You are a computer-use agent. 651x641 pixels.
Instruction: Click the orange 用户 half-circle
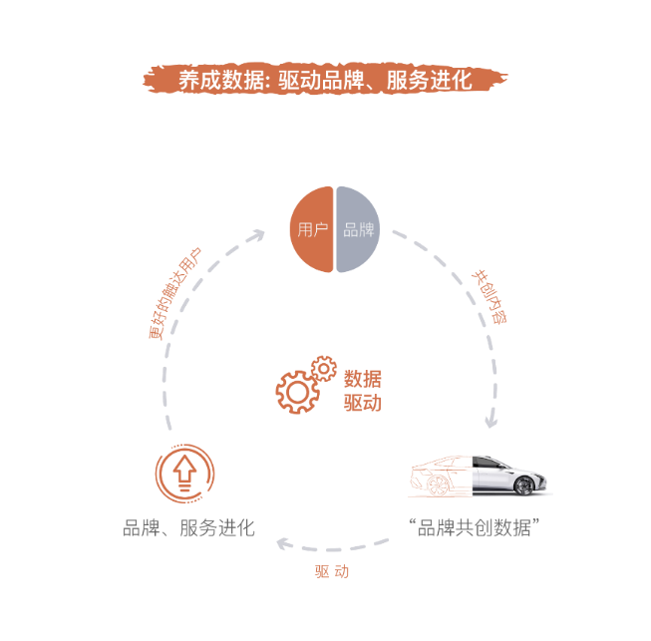click(311, 229)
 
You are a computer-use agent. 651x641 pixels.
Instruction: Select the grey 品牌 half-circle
click(358, 229)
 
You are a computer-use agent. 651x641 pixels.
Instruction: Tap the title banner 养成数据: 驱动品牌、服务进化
click(325, 79)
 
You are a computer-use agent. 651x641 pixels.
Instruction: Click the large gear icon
click(297, 392)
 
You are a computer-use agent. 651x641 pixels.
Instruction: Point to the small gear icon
click(324, 368)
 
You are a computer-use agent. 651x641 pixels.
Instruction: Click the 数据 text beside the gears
click(363, 379)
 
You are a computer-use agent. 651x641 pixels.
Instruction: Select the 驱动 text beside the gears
click(363, 403)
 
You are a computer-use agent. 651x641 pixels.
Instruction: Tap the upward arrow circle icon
click(184, 474)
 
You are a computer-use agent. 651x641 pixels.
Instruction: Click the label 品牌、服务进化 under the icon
click(188, 528)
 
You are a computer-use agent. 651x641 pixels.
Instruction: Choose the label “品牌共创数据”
click(474, 527)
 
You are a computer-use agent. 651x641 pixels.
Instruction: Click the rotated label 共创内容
click(490, 296)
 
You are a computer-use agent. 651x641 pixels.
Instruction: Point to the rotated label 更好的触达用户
click(174, 293)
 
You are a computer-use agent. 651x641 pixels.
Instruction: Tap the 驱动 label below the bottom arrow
click(332, 571)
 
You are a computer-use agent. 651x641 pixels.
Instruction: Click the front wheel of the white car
click(524, 485)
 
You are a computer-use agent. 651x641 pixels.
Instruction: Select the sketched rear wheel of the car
click(438, 485)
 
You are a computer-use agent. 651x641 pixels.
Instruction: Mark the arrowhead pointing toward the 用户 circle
click(257, 236)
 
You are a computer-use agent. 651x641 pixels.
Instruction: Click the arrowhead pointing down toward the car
click(491, 421)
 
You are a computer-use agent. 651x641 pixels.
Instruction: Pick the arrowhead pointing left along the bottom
click(284, 543)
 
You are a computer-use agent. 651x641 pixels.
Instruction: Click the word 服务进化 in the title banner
click(430, 80)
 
